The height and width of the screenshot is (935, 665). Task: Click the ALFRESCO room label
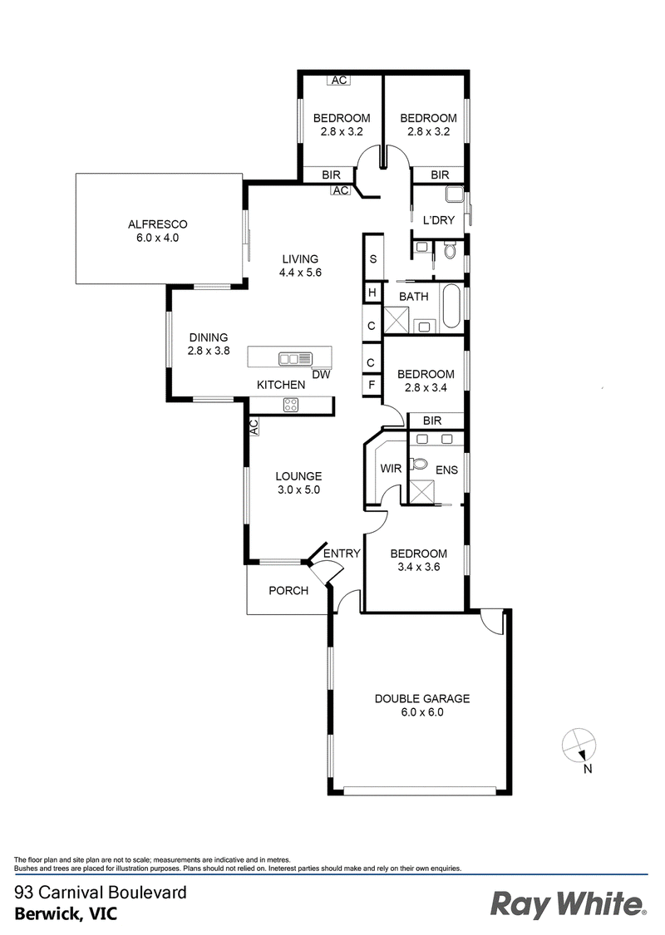(x=157, y=224)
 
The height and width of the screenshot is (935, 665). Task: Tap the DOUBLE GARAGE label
(x=422, y=698)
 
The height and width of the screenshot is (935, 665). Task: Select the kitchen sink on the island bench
(x=295, y=358)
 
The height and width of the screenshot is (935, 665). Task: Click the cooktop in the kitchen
(x=291, y=405)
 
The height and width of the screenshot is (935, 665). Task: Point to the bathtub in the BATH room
(x=451, y=306)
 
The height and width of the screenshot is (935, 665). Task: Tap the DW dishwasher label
(x=322, y=375)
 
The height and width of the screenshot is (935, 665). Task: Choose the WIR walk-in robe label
(x=391, y=469)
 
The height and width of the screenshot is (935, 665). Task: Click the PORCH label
(x=288, y=590)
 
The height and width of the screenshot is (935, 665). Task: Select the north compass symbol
(x=579, y=746)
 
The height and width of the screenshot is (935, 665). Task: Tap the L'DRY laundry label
(x=438, y=220)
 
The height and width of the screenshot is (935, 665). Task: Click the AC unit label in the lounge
(x=253, y=427)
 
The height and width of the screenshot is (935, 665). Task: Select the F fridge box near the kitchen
(x=372, y=385)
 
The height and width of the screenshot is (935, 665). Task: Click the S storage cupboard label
(x=373, y=258)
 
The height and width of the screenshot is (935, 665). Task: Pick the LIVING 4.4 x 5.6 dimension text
(x=301, y=273)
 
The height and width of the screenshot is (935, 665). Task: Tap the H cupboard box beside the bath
(x=372, y=293)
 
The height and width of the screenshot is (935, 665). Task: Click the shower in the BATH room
(x=396, y=320)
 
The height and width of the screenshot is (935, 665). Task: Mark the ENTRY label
(x=342, y=554)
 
